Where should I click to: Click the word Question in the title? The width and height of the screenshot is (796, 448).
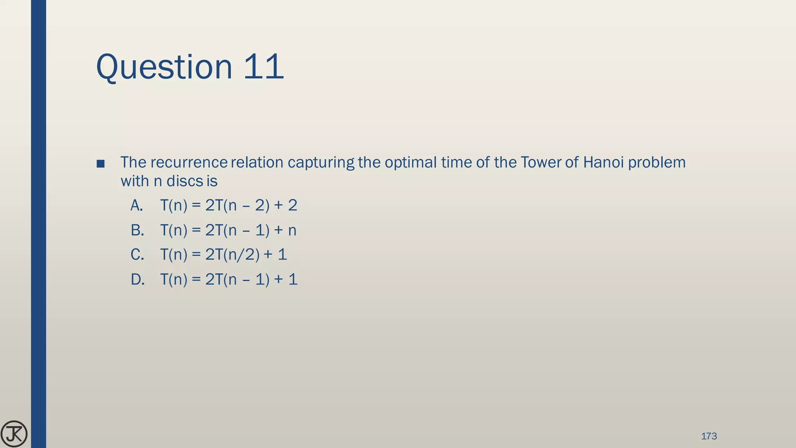click(164, 67)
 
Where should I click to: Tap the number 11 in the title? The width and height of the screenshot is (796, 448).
click(264, 67)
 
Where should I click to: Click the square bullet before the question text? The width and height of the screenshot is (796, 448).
click(100, 163)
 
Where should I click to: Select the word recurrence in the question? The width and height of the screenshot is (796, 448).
click(189, 163)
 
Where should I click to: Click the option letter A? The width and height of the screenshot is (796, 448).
click(137, 205)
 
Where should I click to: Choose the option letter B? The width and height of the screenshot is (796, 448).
click(137, 230)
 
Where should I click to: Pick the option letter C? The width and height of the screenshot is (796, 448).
click(137, 255)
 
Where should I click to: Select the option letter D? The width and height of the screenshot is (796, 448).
click(138, 280)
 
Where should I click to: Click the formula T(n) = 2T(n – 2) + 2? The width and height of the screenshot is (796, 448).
click(229, 205)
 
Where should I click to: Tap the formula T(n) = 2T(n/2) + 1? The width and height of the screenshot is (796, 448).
click(223, 255)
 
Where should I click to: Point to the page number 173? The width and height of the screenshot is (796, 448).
click(709, 436)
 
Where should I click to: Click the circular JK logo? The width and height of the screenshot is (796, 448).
click(14, 434)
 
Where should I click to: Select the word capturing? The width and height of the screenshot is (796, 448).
click(321, 163)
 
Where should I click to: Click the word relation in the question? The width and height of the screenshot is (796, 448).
click(257, 163)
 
